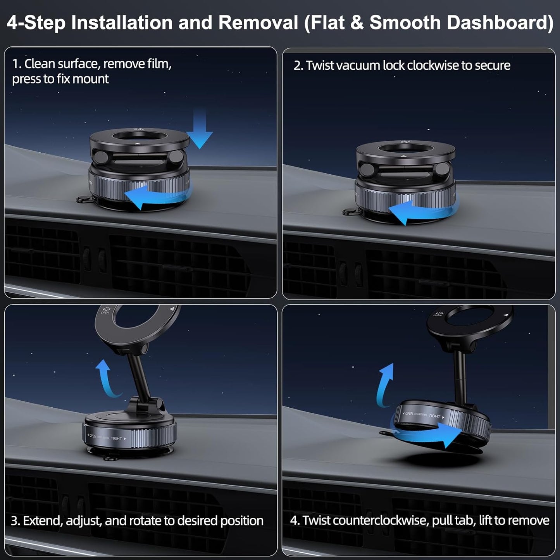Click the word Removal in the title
(258, 22)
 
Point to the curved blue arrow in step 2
(419, 212)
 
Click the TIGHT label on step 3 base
(116, 438)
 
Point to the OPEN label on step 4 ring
(409, 414)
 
